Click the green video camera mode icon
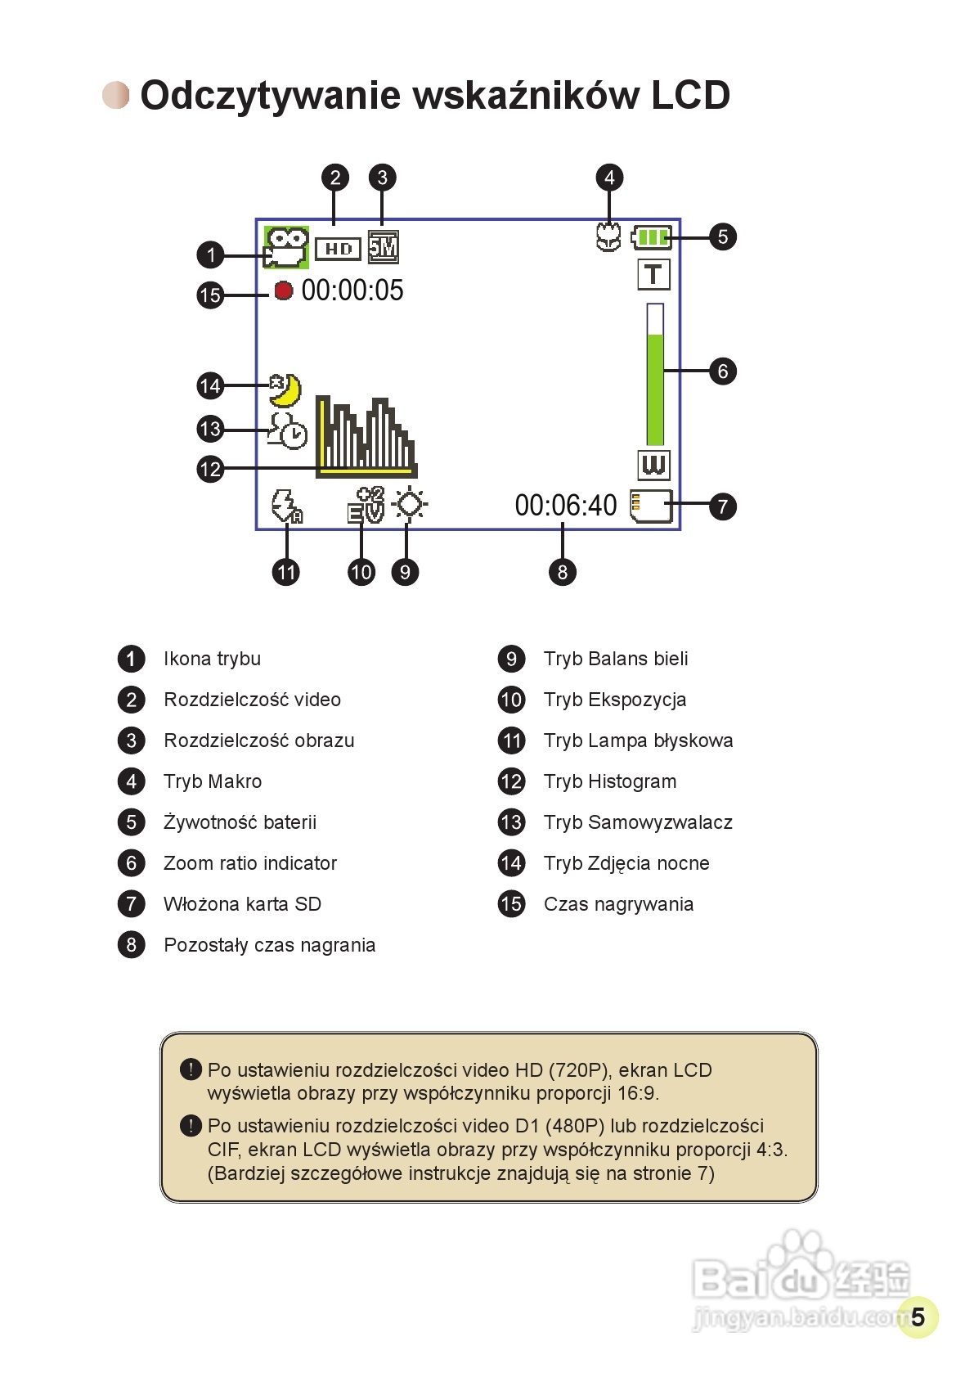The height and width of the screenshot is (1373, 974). coord(285,247)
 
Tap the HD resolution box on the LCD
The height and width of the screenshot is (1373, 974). coord(338,249)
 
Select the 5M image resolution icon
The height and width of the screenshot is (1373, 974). coord(383,247)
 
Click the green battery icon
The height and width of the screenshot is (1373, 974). coord(652,237)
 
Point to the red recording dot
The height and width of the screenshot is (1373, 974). coord(283,290)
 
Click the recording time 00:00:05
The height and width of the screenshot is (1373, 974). coord(352,290)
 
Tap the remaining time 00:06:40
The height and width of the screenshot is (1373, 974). coord(565,506)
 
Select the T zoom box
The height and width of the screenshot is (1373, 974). coord(653,274)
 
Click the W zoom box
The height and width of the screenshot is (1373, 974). coord(653,465)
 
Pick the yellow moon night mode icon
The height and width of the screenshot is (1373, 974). coord(285,389)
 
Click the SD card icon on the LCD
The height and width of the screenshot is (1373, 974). coord(651,506)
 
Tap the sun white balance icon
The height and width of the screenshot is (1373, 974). coord(409,504)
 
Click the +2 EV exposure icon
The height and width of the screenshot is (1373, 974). coord(366,505)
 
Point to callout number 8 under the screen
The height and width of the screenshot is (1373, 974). coord(562,572)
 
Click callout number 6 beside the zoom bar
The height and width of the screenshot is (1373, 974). coord(722,371)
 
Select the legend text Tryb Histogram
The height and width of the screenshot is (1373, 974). coord(610,781)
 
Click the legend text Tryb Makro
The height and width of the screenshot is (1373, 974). coord(213,781)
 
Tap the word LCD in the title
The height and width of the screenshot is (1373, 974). coord(690,96)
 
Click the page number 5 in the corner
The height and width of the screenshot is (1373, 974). coord(918,1317)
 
